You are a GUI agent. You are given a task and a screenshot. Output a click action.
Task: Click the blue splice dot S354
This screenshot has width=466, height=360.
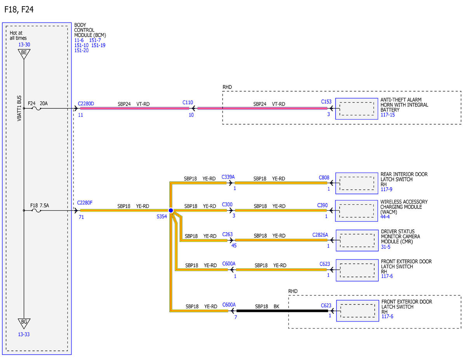click(x=171, y=210)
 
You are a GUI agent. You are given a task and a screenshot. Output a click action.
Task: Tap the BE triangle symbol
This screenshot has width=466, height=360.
click(x=24, y=54)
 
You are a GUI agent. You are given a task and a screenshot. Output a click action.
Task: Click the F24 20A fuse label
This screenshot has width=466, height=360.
click(x=38, y=103)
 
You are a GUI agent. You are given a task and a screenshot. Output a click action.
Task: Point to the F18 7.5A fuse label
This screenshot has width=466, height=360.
click(x=40, y=205)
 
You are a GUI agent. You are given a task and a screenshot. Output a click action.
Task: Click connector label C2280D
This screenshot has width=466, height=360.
click(x=86, y=104)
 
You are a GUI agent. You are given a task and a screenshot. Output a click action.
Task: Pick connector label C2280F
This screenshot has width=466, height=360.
click(x=85, y=203)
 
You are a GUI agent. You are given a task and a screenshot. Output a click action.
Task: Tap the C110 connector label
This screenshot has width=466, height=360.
click(x=188, y=103)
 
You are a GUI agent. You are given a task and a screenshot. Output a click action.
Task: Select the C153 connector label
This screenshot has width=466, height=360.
click(x=326, y=102)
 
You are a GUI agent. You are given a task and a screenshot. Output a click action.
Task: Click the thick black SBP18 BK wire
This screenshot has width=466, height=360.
click(x=282, y=311)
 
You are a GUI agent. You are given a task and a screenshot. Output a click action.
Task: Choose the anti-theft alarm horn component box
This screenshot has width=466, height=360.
click(x=356, y=109)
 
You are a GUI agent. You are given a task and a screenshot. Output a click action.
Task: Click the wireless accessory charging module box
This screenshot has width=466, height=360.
click(x=356, y=211)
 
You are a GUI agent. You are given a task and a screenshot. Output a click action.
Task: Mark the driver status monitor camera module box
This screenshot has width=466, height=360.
click(x=357, y=240)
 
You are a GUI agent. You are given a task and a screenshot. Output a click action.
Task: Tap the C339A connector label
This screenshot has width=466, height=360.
click(x=228, y=177)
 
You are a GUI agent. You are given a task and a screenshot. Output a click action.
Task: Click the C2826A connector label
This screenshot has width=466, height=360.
click(x=320, y=235)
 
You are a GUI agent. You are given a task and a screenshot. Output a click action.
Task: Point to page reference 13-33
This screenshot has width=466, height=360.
click(x=24, y=334)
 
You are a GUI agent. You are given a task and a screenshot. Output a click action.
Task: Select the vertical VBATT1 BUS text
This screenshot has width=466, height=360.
click(x=19, y=108)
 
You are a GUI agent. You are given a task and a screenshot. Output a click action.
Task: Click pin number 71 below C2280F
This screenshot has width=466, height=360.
click(x=81, y=217)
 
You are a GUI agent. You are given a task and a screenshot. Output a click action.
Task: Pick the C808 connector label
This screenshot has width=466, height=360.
click(x=324, y=177)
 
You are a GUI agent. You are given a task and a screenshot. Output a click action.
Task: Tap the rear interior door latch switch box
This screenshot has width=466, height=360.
click(x=356, y=183)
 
